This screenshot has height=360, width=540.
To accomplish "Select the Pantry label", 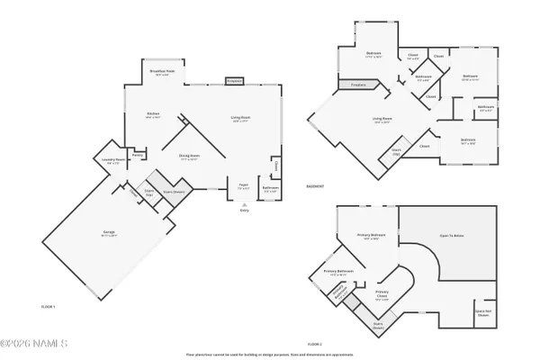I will point(138,154).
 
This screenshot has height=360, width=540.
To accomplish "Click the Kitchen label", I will point(153,114).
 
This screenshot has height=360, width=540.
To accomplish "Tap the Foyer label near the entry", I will point(243,186).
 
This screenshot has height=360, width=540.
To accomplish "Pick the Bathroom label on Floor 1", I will point(270,188).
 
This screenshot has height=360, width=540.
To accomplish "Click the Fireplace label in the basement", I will point(352,86).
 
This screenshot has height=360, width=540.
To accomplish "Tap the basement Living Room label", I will point(382,120).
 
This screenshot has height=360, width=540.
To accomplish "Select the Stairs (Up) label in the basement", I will point(395,153).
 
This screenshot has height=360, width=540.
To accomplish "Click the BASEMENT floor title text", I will point(314,186).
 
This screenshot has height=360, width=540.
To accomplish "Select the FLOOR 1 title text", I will point(49,308).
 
